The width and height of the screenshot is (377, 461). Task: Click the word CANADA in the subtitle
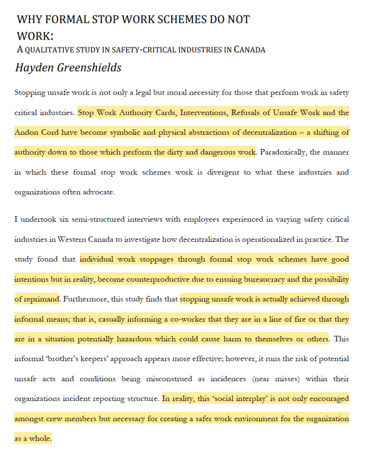point(250,50)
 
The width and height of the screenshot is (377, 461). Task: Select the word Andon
point(26,132)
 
